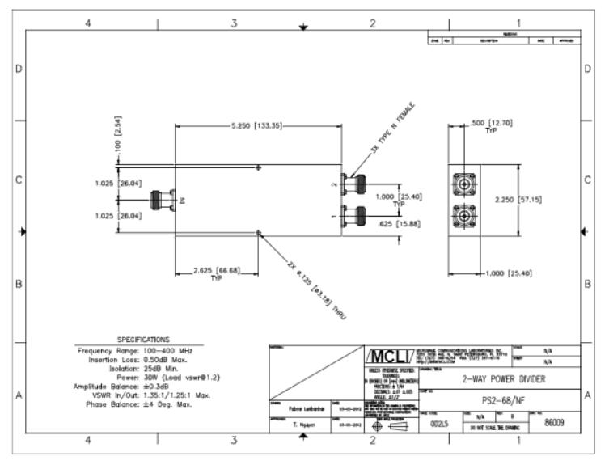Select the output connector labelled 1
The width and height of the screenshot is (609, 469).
click(x=353, y=217)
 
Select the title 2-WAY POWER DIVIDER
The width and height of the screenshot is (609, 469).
click(x=493, y=378)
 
